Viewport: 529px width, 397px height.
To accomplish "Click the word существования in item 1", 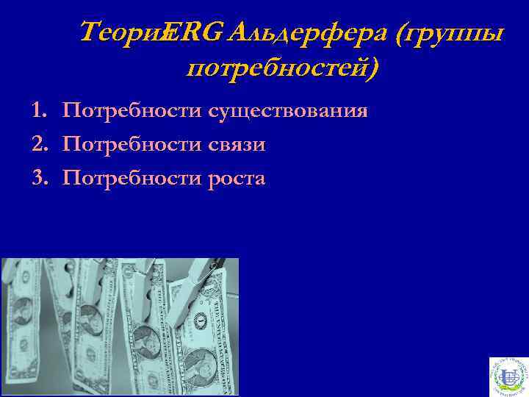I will (x=287, y=111).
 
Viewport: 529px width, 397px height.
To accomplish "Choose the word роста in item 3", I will (x=237, y=179).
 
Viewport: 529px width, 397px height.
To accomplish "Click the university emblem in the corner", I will (x=508, y=376).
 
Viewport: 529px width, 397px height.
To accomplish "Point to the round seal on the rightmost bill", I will (x=200, y=321).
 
